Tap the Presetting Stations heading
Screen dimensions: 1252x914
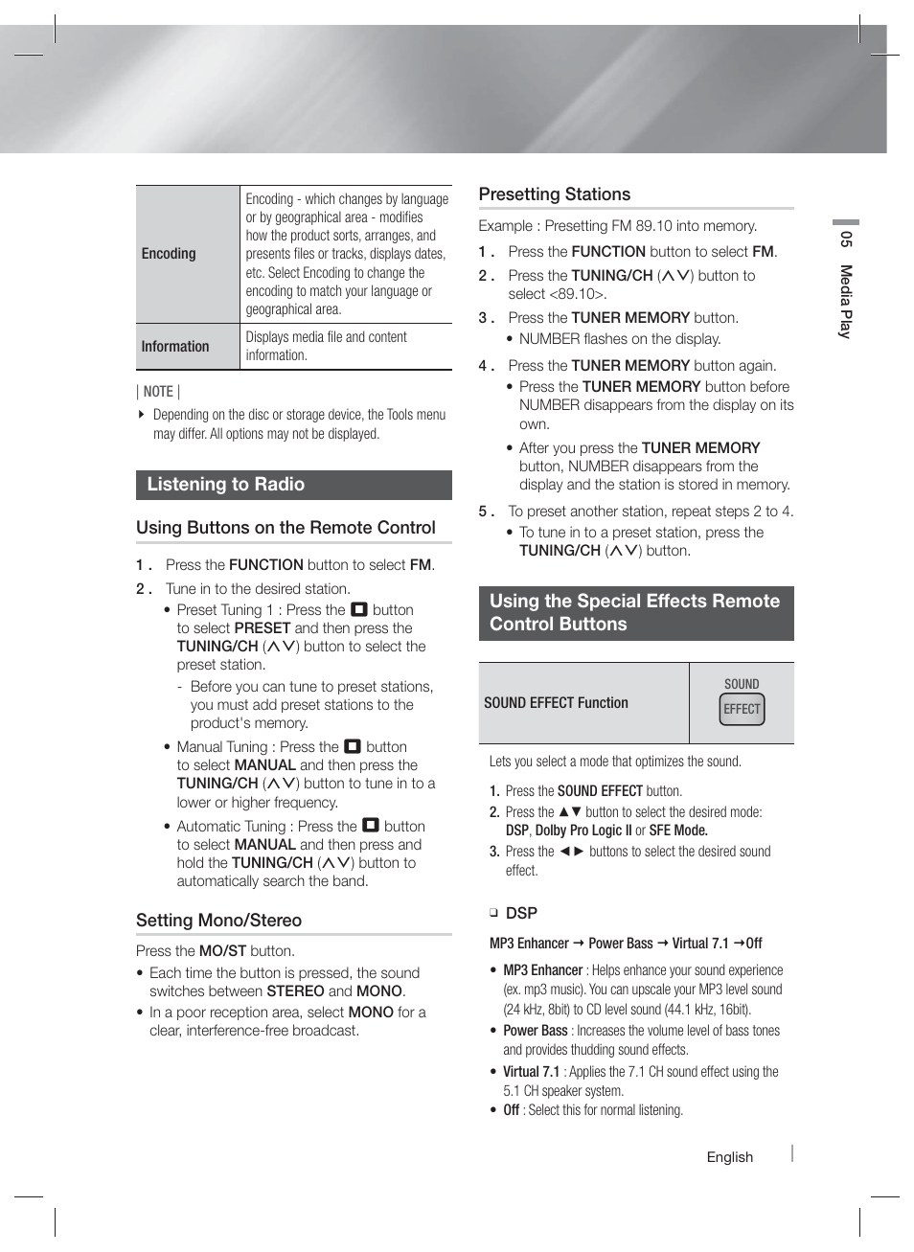pos(555,194)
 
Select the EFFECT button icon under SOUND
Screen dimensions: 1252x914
pos(742,709)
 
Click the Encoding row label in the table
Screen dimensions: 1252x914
pos(169,254)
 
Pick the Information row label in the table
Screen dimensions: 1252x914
pos(175,347)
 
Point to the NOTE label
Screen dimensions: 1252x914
pos(158,392)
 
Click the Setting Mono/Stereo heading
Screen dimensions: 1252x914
pos(218,921)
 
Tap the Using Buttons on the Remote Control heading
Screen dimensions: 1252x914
pos(286,528)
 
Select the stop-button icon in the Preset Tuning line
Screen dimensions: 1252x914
pos(359,609)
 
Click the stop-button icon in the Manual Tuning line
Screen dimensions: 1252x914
pos(353,746)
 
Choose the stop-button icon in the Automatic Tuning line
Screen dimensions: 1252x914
pos(371,826)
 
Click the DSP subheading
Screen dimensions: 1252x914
pos(521,913)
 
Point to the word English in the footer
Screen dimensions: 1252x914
pos(730,1157)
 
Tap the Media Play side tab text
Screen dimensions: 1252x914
pos(846,301)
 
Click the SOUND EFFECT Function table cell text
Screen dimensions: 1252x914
pos(556,703)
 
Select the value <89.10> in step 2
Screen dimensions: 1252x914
pos(577,294)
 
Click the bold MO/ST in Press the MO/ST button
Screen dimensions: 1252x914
pos(222,951)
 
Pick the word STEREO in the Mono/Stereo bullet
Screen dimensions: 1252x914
pos(295,991)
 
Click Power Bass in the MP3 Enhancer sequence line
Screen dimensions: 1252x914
pos(621,944)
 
